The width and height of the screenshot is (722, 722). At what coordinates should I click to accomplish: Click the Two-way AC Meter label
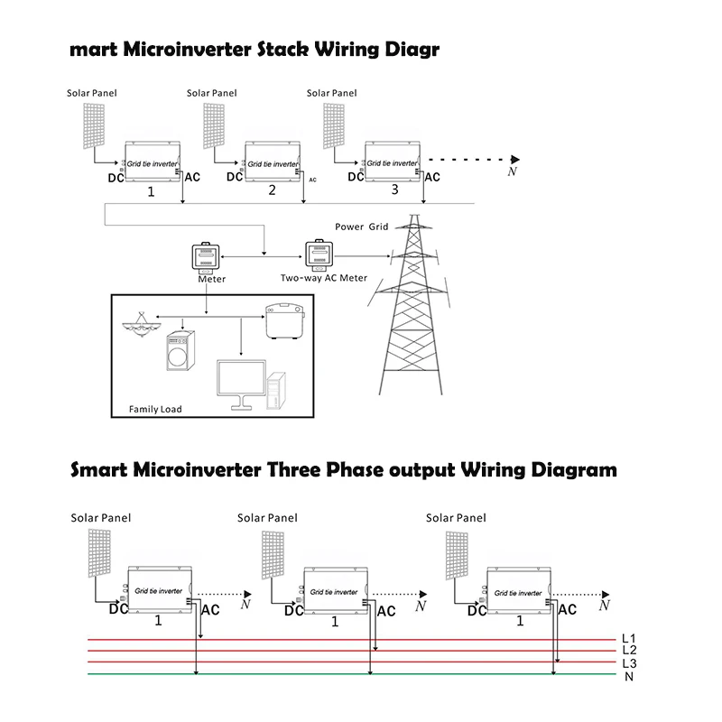click(324, 278)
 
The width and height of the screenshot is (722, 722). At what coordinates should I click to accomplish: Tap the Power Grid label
click(362, 227)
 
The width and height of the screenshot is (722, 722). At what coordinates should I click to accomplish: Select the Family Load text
click(155, 409)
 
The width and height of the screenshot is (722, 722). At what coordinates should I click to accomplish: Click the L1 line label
click(628, 638)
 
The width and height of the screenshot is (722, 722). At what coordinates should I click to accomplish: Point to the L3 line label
click(629, 663)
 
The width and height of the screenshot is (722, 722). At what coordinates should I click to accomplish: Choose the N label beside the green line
click(629, 677)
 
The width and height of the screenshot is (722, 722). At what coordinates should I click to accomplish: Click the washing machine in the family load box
click(180, 350)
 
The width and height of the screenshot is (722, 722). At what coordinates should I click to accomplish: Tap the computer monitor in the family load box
click(241, 384)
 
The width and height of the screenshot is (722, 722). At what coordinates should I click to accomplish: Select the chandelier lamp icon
click(142, 324)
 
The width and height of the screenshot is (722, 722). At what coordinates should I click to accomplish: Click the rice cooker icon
click(285, 321)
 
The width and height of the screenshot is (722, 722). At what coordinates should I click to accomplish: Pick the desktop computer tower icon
click(276, 391)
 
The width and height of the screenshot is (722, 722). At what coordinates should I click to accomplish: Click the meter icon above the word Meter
click(206, 257)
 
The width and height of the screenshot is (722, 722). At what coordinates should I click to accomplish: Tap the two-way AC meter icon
click(319, 255)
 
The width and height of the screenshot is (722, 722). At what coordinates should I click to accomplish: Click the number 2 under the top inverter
click(273, 190)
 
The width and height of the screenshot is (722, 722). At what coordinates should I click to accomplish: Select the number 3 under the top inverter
click(394, 190)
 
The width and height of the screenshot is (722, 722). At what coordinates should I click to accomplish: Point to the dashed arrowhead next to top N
click(515, 160)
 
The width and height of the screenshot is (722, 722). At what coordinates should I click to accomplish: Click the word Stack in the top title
click(282, 49)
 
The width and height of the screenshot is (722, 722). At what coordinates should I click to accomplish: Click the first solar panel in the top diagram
click(94, 125)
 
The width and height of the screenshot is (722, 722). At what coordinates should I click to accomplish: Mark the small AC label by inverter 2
click(312, 180)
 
